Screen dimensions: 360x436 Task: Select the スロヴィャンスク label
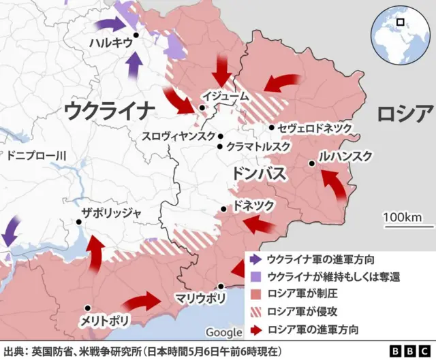178,135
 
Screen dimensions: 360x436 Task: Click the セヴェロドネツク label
315,127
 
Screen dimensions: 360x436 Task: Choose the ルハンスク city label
346,157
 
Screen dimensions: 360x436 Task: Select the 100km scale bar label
408,217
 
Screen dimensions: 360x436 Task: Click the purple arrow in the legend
255,259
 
